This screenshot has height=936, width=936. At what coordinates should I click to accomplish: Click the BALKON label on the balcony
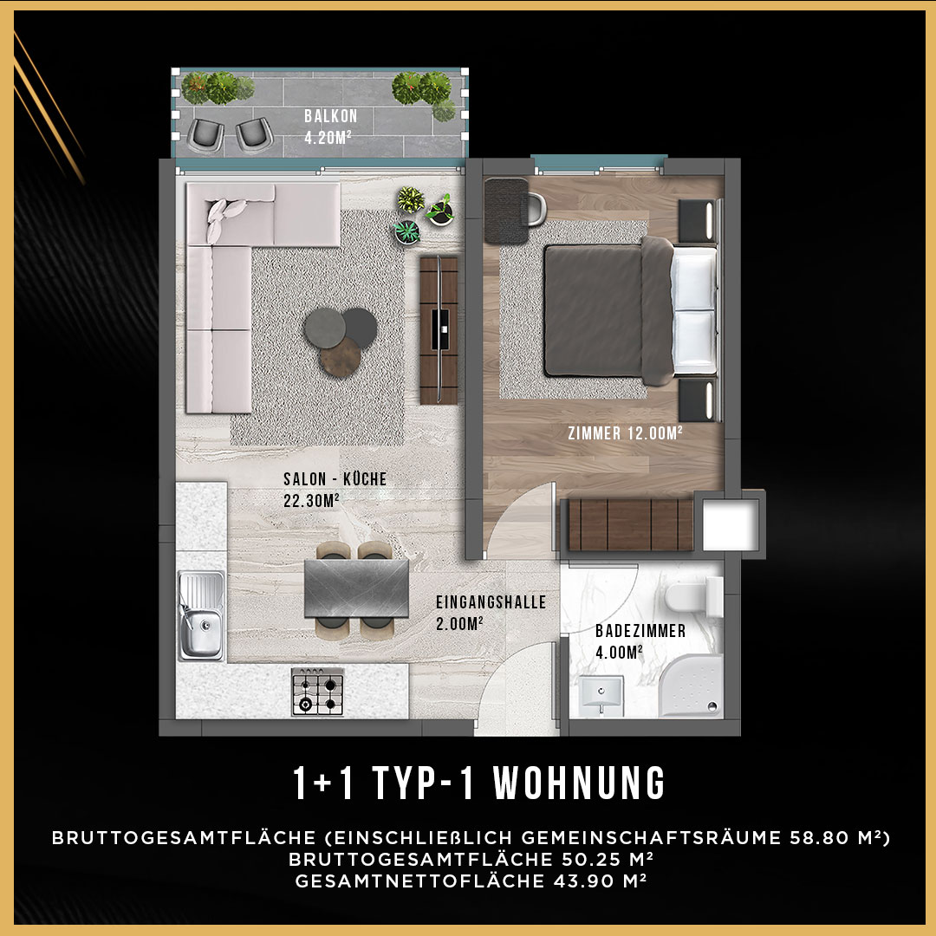pos(331,116)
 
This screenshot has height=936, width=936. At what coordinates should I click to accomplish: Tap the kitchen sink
pos(202,614)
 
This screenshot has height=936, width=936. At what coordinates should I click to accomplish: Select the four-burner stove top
pos(317,692)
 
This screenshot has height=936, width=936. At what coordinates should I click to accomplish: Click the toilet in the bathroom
pos(693,596)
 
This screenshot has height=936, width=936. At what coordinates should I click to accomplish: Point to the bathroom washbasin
pos(601,695)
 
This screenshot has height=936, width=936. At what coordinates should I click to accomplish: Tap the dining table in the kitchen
pos(356,588)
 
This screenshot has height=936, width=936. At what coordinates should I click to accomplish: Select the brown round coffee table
pos(341,357)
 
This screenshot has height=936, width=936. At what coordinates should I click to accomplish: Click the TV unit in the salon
pos(439,331)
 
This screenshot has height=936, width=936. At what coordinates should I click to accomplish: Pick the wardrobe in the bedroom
pos(630,524)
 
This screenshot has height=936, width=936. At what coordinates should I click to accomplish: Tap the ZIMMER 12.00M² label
pos(625,432)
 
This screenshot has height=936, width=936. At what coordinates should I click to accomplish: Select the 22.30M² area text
pos(312,500)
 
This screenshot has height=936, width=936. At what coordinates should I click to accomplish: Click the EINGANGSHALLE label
pos(491,601)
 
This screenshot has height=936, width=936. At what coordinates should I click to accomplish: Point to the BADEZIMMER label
pos(640,630)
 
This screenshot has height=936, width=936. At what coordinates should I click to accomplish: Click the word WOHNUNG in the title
pos(580,783)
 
